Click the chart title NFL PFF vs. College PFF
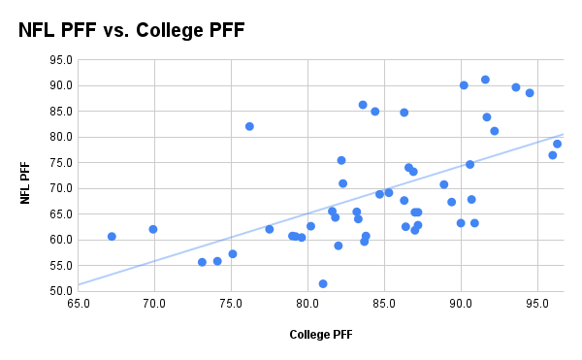(132, 30)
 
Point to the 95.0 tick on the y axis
(61, 59)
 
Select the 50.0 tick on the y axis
(61, 291)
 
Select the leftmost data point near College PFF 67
(112, 236)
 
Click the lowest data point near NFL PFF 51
(323, 283)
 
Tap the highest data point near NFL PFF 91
(485, 80)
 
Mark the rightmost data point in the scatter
(557, 144)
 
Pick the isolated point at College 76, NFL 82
(249, 126)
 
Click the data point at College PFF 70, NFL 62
(153, 229)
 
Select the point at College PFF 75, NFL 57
(233, 254)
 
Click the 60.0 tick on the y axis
(61, 240)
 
